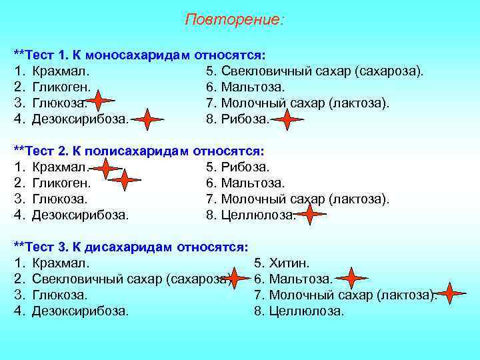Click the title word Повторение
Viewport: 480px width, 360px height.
pyautogui.click(x=234, y=19)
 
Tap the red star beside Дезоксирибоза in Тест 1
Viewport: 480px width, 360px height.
pyautogui.click(x=147, y=120)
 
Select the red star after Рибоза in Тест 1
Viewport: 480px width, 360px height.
pyautogui.click(x=287, y=120)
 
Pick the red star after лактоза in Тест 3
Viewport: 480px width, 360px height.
pyautogui.click(x=451, y=293)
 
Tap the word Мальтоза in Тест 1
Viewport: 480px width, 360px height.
pyautogui.click(x=253, y=87)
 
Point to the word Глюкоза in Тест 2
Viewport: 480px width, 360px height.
pyautogui.click(x=59, y=199)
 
